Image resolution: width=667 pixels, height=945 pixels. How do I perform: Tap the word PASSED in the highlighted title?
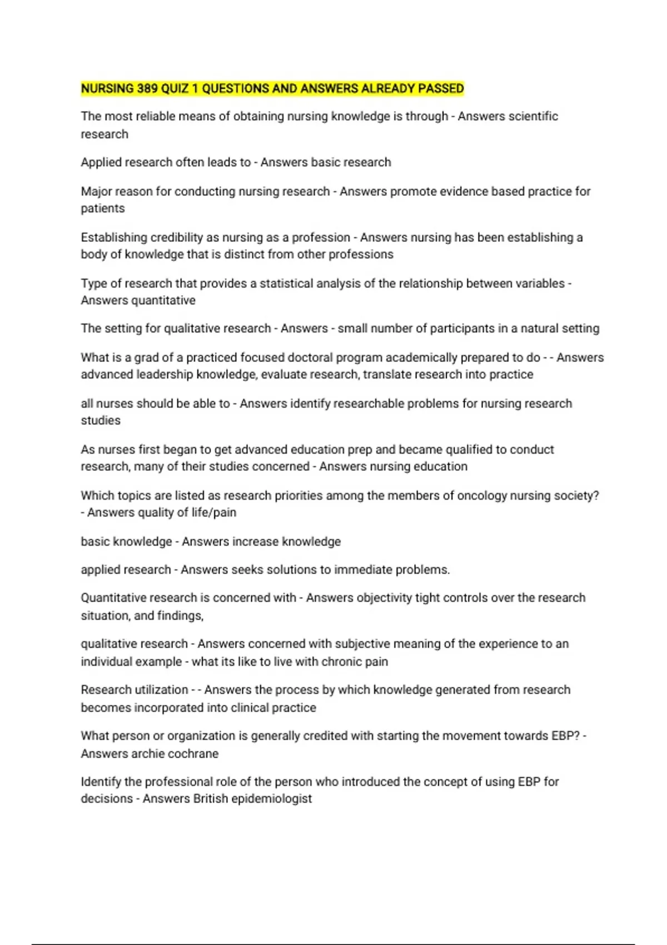(441, 89)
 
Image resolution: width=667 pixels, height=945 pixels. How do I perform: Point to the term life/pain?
(214, 513)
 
